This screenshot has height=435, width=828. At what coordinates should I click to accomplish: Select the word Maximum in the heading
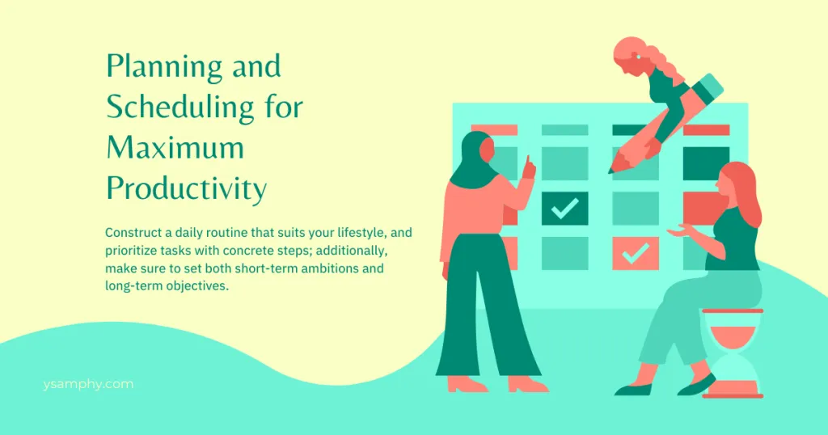(x=175, y=149)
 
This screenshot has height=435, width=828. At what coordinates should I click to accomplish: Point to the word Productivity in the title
(x=186, y=189)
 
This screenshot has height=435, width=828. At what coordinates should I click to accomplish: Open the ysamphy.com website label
(x=89, y=384)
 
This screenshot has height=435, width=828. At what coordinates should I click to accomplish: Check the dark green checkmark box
(x=564, y=209)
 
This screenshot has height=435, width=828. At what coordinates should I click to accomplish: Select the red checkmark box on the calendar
(x=636, y=253)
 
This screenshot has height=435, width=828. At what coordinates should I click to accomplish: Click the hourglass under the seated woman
(x=732, y=353)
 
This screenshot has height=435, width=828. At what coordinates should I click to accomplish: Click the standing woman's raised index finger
(x=530, y=163)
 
